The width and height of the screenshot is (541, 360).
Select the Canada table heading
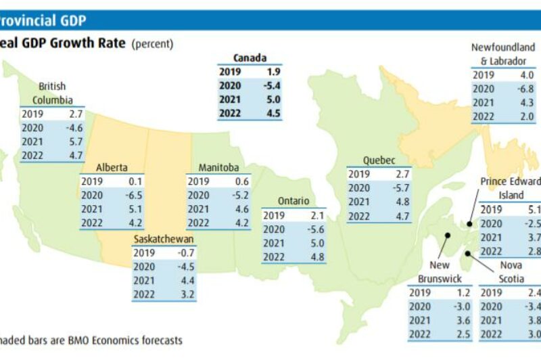[x=250, y=58]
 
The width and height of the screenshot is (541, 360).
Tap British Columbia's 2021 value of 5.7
[x=76, y=141]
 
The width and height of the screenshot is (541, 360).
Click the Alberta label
[x=112, y=167]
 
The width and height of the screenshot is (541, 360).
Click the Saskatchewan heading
[x=164, y=240]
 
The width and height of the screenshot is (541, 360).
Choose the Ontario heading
[x=293, y=201]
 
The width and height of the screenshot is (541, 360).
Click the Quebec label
[x=379, y=160]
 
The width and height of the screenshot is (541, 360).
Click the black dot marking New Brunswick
[x=447, y=236]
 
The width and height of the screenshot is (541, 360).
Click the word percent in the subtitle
[x=153, y=44]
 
